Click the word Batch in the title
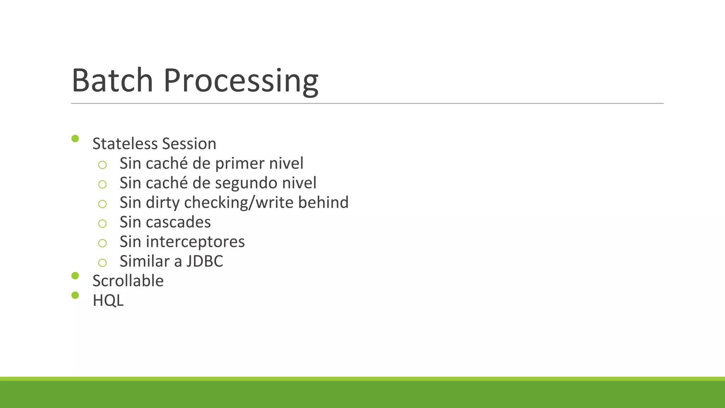(112, 80)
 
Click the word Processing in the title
(241, 81)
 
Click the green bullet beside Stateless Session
(75, 138)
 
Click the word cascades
(178, 222)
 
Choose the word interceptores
(195, 242)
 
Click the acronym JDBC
(205, 261)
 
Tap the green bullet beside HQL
(75, 295)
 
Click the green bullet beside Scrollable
(75, 276)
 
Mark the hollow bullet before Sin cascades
(102, 223)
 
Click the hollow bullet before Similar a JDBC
(102, 263)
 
